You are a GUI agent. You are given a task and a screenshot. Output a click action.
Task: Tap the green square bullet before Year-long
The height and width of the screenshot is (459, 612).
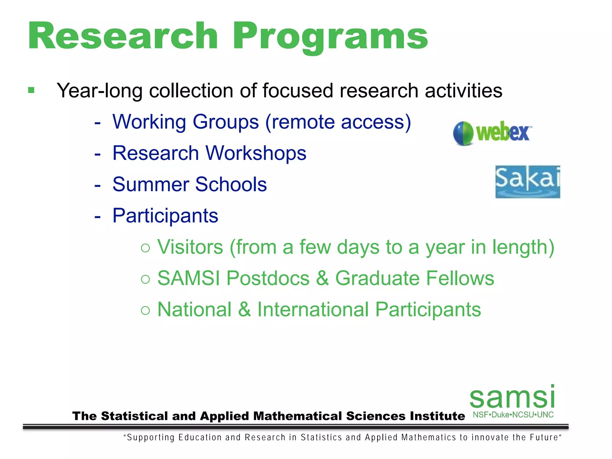(31, 90)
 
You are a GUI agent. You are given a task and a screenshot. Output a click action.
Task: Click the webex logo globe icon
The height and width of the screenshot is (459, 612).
(463, 133)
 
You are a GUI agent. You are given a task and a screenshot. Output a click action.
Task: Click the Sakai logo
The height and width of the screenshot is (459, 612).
(527, 181)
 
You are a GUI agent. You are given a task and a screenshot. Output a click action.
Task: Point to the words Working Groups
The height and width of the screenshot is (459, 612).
(185, 122)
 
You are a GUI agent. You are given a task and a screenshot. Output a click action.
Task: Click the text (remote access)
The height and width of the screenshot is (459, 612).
(338, 122)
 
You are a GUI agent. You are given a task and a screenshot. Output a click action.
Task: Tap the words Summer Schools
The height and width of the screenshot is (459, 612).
(189, 184)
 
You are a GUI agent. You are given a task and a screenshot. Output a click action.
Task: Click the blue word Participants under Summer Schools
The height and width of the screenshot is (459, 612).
(165, 215)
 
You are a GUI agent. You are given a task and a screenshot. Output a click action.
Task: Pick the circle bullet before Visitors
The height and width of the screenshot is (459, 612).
(145, 248)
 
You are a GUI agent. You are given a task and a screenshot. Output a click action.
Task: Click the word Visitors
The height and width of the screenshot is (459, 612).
(190, 247)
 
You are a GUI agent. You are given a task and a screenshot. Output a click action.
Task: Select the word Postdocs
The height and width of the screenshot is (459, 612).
(268, 278)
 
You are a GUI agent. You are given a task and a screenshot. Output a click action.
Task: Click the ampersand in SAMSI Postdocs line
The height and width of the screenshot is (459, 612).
(322, 278)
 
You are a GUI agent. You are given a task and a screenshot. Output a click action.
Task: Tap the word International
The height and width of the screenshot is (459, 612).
(313, 310)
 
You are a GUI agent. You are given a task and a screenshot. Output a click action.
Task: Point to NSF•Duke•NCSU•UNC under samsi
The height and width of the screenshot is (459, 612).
(513, 415)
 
